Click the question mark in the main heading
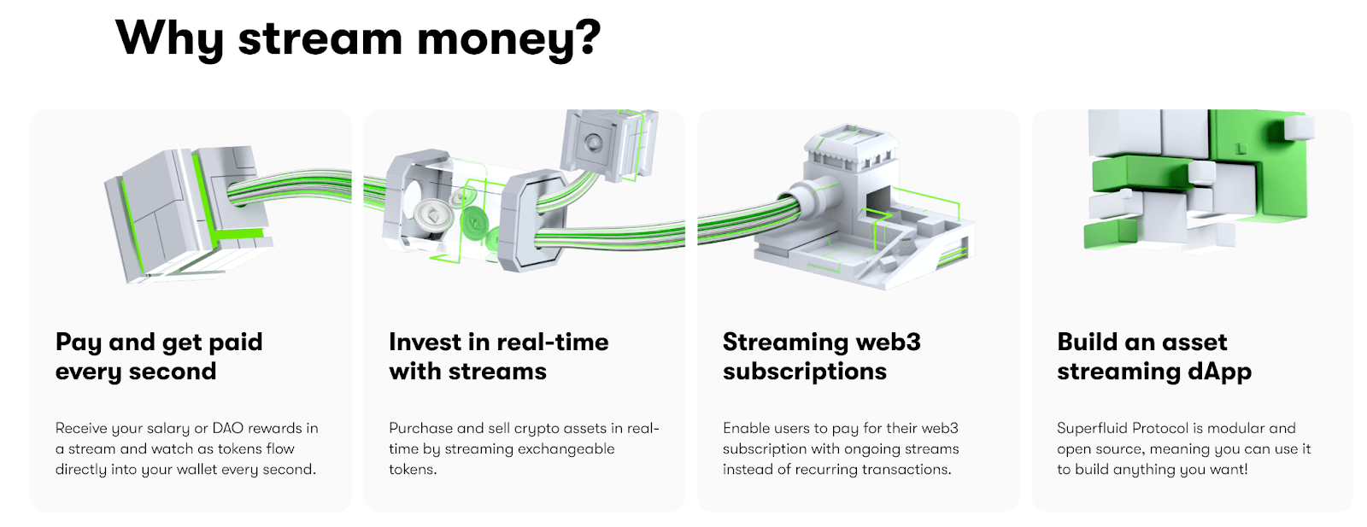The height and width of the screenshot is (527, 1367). point(585,38)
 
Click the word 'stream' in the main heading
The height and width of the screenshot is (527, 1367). point(320,39)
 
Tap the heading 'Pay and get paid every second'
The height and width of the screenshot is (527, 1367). point(159,357)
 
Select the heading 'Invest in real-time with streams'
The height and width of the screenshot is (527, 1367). point(499,357)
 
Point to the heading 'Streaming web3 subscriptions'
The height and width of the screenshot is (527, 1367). point(821,357)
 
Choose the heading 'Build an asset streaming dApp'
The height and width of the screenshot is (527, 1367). point(1154,357)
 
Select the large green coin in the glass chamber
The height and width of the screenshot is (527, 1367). point(475,223)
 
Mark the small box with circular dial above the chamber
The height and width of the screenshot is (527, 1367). point(609,144)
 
